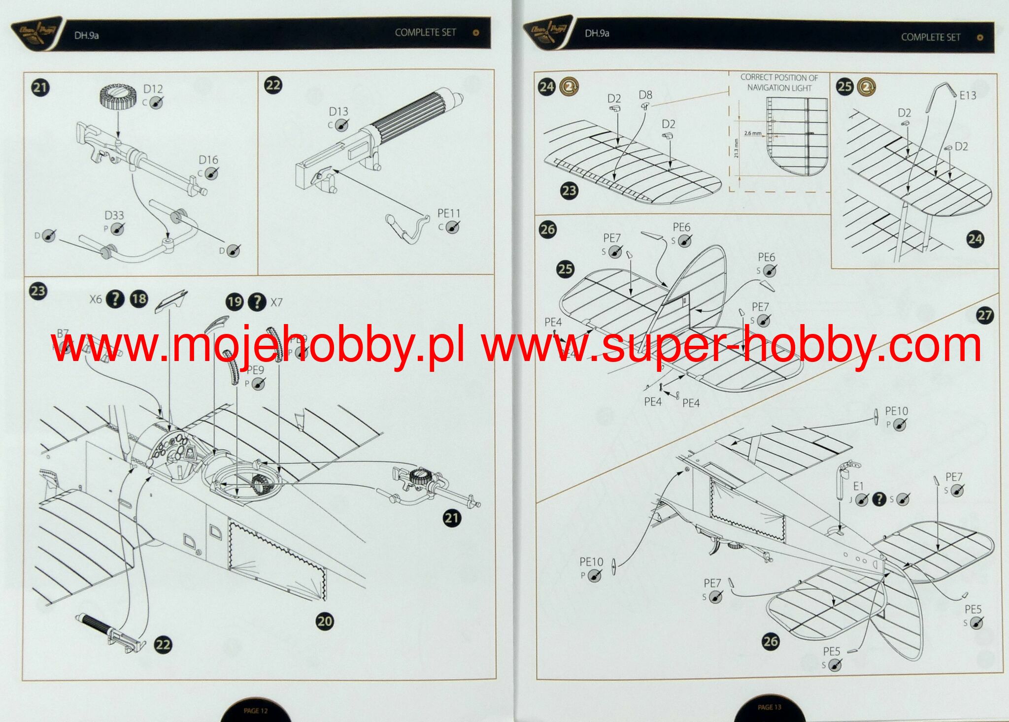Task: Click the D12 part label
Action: (153, 89)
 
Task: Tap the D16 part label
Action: (208, 160)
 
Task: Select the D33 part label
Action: (114, 216)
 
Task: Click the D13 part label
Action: (338, 112)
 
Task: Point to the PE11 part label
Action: (448, 214)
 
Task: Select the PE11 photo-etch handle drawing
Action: (407, 226)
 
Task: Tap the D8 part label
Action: (645, 95)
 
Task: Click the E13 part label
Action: (968, 96)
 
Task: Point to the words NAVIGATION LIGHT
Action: (779, 88)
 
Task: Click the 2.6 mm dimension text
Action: (752, 133)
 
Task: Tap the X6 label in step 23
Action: (96, 299)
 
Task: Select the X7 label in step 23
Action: (276, 302)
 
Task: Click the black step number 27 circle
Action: (984, 315)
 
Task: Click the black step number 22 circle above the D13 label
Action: (273, 85)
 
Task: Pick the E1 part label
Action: (858, 487)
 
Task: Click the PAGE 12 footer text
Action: (255, 711)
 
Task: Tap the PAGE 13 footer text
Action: (769, 707)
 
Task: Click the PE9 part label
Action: (255, 370)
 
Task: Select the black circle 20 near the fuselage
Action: (325, 621)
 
